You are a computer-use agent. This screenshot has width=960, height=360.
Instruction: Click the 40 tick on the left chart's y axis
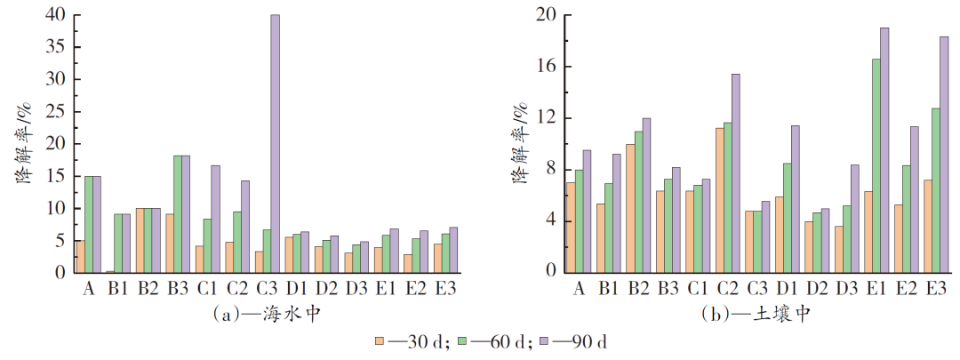(x=57, y=15)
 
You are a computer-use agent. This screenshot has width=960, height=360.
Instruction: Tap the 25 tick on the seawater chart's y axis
(x=57, y=112)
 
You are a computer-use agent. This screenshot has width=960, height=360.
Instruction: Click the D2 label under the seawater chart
(x=327, y=288)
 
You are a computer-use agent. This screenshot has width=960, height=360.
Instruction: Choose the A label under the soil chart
(x=580, y=288)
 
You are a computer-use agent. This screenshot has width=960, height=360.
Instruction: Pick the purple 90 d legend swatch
(x=545, y=340)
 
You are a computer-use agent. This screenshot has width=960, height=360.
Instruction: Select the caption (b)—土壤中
(x=755, y=313)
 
